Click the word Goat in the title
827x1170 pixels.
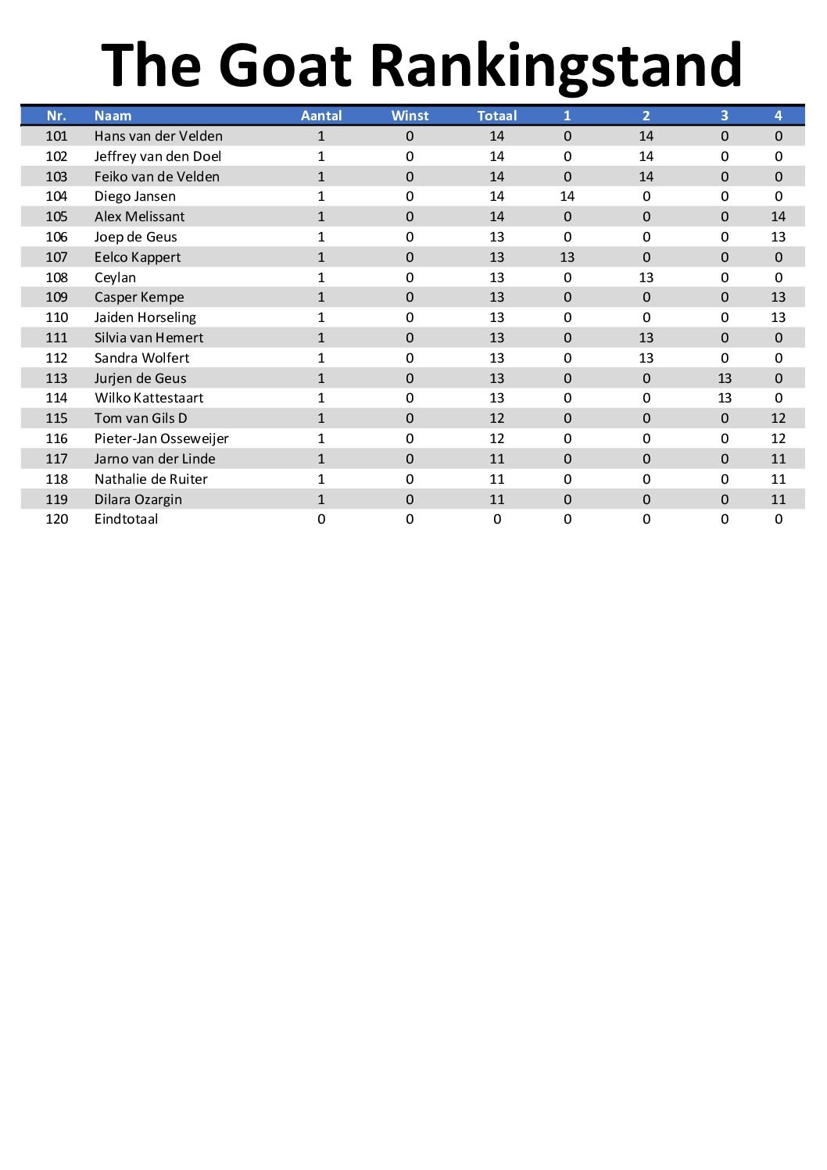(x=285, y=66)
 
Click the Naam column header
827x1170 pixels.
(x=113, y=116)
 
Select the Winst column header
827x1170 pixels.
(x=410, y=116)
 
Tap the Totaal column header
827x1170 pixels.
(x=497, y=116)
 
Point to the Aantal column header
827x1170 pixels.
(x=321, y=116)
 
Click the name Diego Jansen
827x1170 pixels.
(x=135, y=196)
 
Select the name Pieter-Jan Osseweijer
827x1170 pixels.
(x=162, y=438)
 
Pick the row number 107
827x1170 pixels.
(x=56, y=257)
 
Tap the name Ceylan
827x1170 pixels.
(x=115, y=277)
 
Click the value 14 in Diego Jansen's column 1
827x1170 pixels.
(x=567, y=196)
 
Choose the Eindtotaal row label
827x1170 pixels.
(x=126, y=519)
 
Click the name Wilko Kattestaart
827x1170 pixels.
(x=149, y=398)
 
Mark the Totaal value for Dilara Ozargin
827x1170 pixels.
(x=497, y=499)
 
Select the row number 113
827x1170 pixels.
(x=56, y=378)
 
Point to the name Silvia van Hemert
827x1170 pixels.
(x=149, y=338)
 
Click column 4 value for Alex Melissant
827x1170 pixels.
(x=778, y=216)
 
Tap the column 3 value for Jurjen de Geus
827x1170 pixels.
(x=725, y=378)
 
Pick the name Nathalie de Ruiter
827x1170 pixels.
(x=151, y=479)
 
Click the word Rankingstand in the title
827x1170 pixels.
(x=555, y=66)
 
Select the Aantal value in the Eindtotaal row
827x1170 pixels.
(x=321, y=519)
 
